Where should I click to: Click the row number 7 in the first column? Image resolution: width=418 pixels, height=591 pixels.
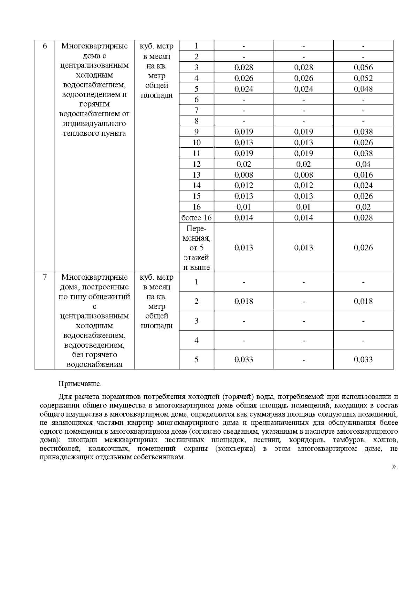point(45,278)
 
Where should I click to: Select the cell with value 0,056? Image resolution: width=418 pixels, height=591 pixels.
point(363,68)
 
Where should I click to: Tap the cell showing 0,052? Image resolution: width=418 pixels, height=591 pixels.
point(363,78)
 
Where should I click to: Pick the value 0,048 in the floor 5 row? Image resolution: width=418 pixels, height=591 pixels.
point(363,89)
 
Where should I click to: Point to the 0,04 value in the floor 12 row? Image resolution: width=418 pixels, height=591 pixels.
point(363,164)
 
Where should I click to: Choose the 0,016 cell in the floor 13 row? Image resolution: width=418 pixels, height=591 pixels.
point(363,175)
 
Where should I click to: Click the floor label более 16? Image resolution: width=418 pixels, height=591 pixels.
point(196,218)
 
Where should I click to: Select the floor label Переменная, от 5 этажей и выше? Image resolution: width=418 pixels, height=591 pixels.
point(196,248)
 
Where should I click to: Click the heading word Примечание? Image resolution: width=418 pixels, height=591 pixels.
point(80,384)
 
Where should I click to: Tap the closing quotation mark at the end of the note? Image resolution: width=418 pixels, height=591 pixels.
point(394,467)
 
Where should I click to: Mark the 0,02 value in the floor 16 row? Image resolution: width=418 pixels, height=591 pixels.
point(363,207)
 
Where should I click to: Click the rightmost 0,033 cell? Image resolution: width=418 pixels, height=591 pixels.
point(363,359)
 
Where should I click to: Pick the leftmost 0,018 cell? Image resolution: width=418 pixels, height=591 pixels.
point(244,301)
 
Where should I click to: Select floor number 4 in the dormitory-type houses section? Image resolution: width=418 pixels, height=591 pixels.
point(196,340)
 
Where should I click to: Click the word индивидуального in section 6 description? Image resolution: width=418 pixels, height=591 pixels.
point(94,124)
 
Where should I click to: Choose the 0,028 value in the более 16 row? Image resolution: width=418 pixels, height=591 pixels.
point(363,218)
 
